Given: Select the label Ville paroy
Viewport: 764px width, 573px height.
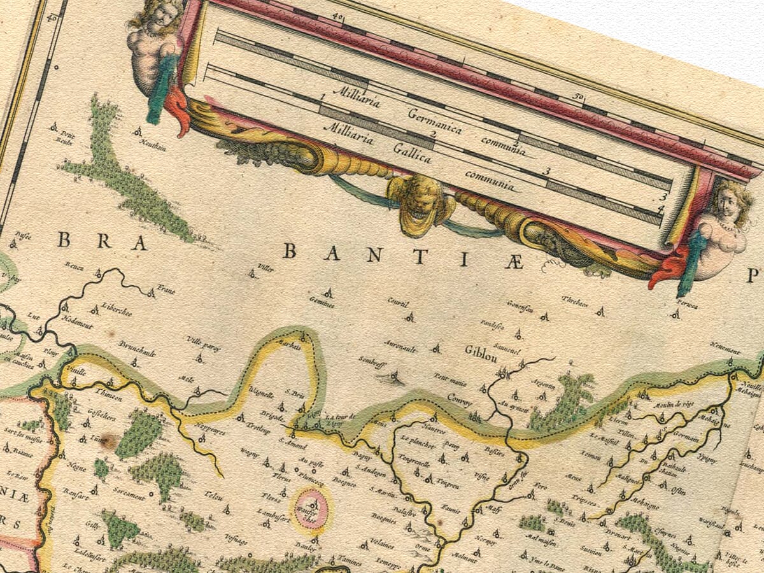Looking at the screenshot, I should pos(202,344).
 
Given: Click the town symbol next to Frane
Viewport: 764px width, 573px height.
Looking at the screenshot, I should pos(151,294).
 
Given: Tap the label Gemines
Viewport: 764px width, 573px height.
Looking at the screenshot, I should pos(321,303).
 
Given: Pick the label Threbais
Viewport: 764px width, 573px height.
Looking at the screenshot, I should pos(575,303).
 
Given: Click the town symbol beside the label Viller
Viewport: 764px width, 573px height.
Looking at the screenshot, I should pos(253,275).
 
